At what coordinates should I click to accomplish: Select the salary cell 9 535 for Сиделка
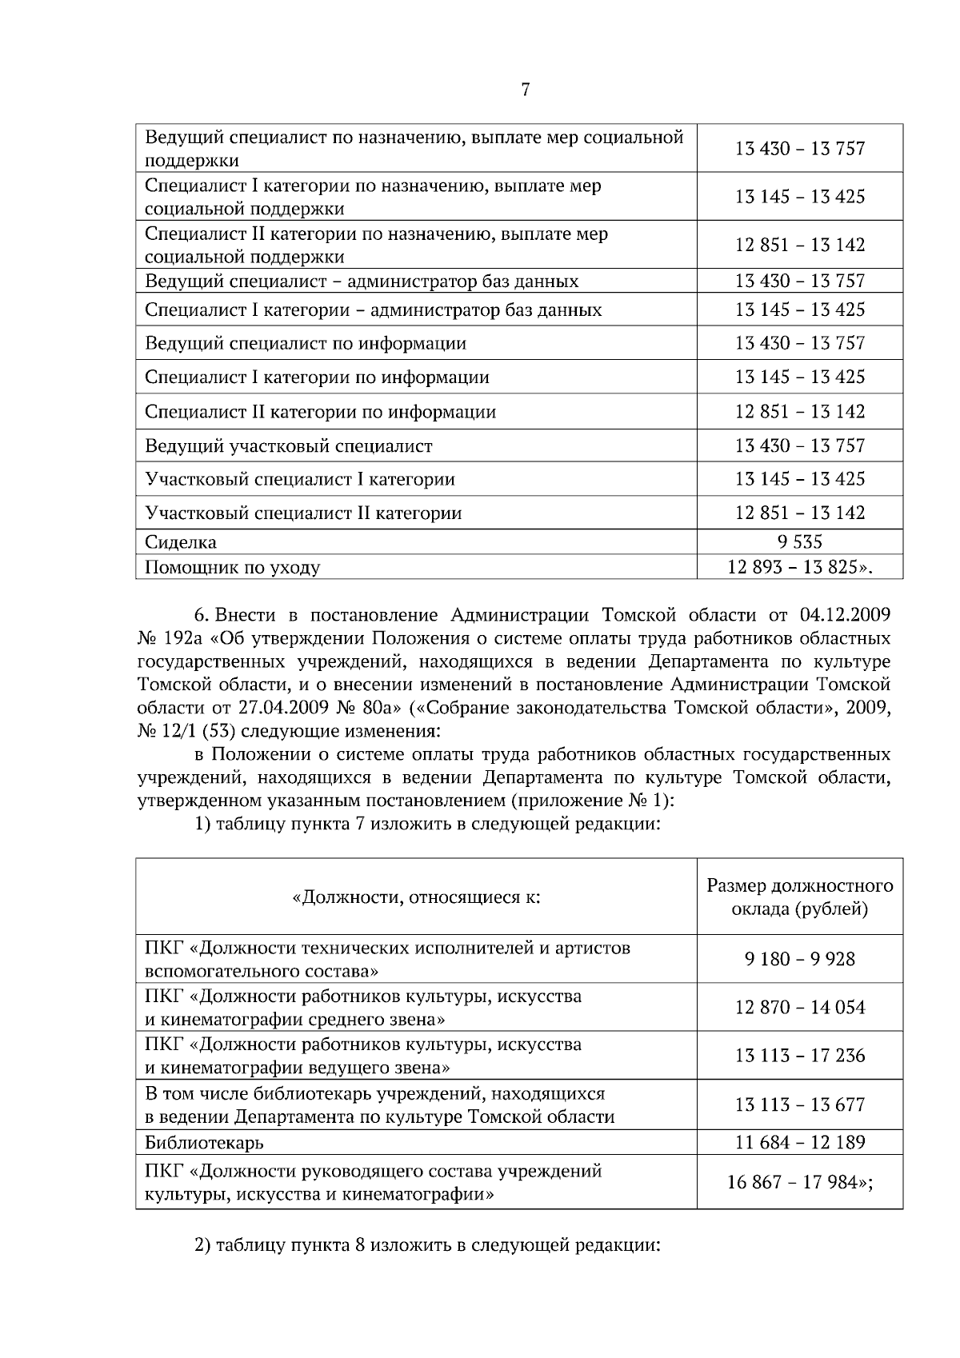click(x=799, y=542)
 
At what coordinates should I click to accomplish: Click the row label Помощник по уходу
click(x=233, y=568)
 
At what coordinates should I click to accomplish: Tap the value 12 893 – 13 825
click(x=799, y=568)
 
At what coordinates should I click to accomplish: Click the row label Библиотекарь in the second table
click(x=204, y=1142)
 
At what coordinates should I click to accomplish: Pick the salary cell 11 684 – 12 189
click(x=799, y=1142)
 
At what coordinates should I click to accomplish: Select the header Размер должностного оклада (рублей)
click(x=799, y=897)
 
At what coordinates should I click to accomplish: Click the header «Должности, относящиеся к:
click(x=416, y=897)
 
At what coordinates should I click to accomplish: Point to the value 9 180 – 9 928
click(x=799, y=959)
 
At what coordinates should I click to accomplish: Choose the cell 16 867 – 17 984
click(x=799, y=1182)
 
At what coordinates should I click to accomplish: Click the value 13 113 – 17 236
click(x=799, y=1056)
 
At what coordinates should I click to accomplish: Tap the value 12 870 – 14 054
click(x=799, y=1008)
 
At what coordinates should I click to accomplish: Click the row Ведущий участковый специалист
click(x=289, y=446)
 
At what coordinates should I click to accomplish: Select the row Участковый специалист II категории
click(x=303, y=513)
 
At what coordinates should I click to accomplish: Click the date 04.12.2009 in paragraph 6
click(x=845, y=615)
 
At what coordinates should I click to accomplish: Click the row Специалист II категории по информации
click(x=320, y=413)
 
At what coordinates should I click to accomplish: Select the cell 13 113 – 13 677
click(x=799, y=1105)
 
